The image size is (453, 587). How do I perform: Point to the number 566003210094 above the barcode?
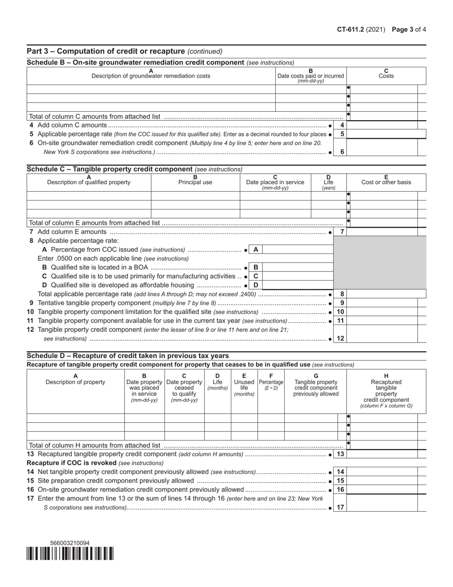coord(70,543)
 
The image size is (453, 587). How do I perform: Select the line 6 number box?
coord(341,152)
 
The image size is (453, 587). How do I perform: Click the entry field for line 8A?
coord(298,250)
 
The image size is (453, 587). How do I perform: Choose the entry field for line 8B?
coord(298,267)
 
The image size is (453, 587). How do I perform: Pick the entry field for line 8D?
coord(298,285)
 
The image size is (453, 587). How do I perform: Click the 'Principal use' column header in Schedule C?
coord(195,182)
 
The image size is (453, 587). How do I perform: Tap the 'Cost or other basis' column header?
coord(386,182)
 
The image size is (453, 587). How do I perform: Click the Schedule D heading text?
coord(128,356)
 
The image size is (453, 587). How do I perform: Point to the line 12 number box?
coord(340,338)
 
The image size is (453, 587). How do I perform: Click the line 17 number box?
coord(340,507)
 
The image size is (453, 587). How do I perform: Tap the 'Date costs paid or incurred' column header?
coord(311,75)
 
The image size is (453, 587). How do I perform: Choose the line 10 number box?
coord(340,312)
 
